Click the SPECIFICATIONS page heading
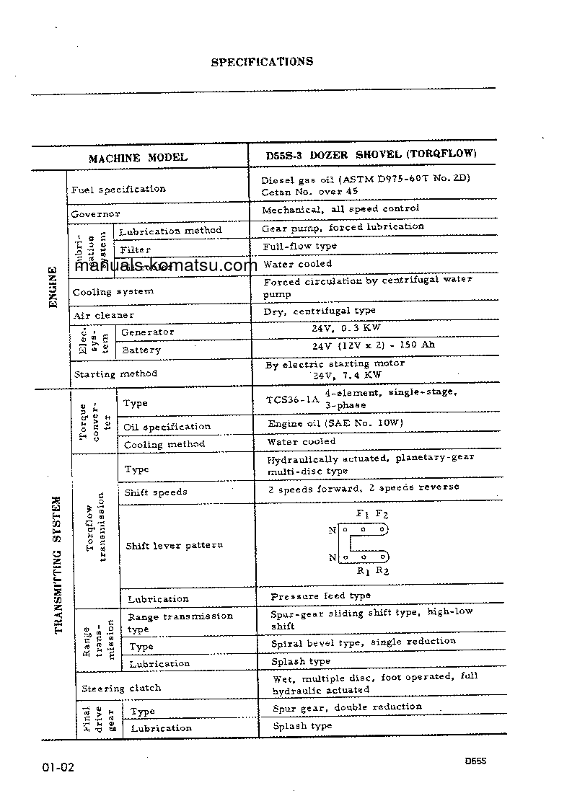pos(262,62)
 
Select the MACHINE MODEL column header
pos(138,157)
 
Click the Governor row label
pos(95,214)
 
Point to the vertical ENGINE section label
pos(53,288)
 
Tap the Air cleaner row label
pos(103,315)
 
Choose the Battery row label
pos(141,350)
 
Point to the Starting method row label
pos(115,374)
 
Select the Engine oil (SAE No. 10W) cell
pos(335,423)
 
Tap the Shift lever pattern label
pos(175,546)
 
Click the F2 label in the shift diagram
pos(382,514)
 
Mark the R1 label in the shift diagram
pos(364,571)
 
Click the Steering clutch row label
pos(121,689)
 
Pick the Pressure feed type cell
pos(321,596)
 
